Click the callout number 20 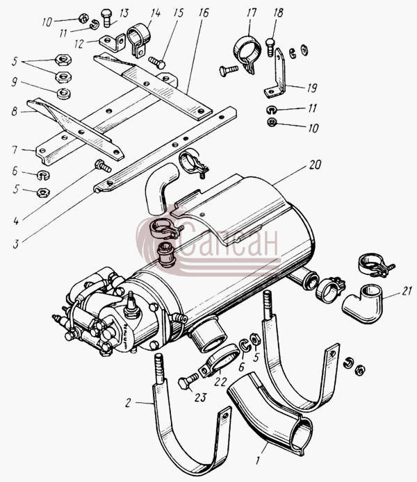(315, 165)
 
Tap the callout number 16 (204, 13)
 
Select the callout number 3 (16, 244)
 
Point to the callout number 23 (200, 397)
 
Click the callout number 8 (15, 111)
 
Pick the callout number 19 (312, 88)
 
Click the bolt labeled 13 (106, 18)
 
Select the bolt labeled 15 (157, 63)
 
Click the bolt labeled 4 (103, 165)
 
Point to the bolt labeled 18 (270, 47)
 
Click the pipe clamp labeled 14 (138, 40)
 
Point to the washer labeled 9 (64, 92)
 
